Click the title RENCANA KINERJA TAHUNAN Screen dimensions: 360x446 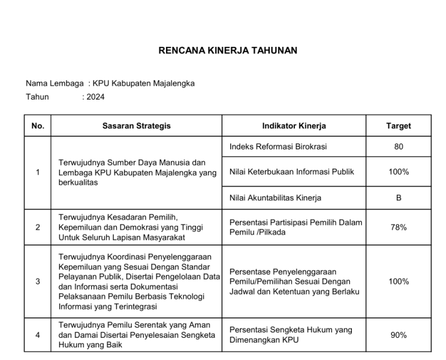click(228, 51)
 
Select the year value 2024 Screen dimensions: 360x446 click(95, 96)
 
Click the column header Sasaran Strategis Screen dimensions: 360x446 click(136, 126)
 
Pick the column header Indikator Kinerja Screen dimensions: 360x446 click(294, 126)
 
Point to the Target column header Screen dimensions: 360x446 click(399, 126)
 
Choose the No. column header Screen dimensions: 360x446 click(38, 126)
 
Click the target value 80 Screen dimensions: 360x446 click(399, 146)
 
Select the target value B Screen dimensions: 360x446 click(399, 197)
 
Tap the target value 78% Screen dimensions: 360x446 click(399, 227)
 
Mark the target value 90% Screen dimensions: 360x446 click(399, 335)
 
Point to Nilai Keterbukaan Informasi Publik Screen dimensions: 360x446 click(292, 172)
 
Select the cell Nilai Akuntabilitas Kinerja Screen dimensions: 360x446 click(275, 197)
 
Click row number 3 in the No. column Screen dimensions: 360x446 click(38, 281)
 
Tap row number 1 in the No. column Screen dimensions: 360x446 click(38, 172)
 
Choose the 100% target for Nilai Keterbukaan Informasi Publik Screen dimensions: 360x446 click(399, 172)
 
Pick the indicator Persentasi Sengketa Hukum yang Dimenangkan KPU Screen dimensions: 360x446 click(291, 335)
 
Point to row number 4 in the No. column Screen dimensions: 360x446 click(38, 335)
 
